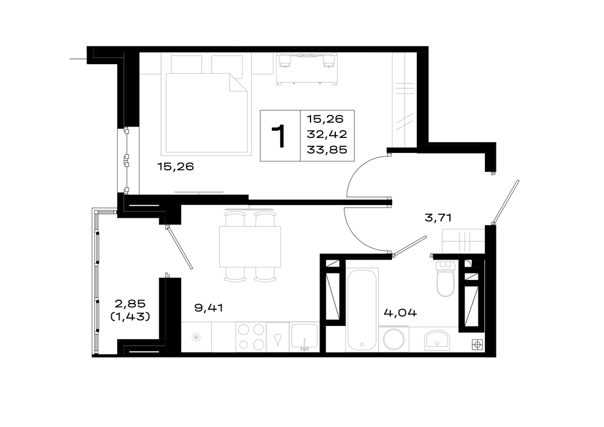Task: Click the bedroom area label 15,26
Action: coord(175,167)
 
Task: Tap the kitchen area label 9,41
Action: coord(208,308)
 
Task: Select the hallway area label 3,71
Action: coord(438,218)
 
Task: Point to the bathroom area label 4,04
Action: coord(400,313)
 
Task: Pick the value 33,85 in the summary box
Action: coord(327,149)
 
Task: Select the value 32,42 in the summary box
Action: coord(327,134)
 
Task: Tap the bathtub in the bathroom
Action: coord(361,309)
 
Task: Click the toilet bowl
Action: coord(445,279)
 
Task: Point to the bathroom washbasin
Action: coord(437,340)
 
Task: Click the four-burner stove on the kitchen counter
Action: coord(251,337)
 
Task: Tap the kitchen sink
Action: coord(304,337)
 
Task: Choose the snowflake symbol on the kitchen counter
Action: coord(196,337)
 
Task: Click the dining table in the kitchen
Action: coord(250,247)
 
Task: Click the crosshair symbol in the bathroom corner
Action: coord(478,345)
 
